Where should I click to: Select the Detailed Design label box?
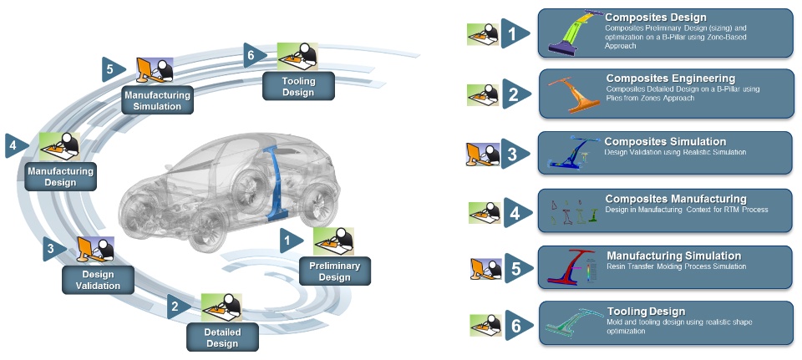tap(222, 337)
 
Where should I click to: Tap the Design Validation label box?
tap(97, 279)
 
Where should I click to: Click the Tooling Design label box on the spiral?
tap(298, 86)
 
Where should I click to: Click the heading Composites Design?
tap(656, 18)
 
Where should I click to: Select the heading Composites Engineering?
tap(671, 79)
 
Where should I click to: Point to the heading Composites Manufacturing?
tap(675, 199)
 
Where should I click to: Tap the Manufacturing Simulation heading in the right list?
tap(673, 256)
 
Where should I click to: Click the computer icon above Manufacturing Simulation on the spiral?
tap(154, 69)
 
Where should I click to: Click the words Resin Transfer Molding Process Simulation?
tap(677, 266)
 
